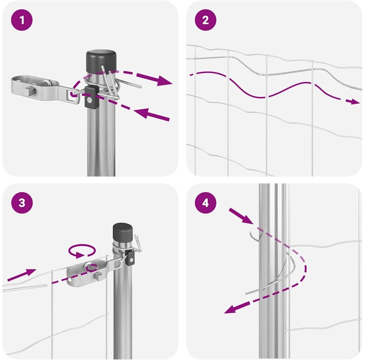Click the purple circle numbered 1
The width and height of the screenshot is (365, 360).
22,20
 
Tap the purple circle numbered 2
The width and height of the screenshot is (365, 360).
206,20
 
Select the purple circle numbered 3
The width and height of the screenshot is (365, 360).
22,203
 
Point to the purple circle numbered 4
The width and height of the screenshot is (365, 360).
206,203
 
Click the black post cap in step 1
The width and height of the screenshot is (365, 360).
101,61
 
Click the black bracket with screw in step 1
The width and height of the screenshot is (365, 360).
90,97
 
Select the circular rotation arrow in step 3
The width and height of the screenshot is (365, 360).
82,251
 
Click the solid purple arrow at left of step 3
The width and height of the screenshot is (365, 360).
22,275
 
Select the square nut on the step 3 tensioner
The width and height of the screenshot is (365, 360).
98,276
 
